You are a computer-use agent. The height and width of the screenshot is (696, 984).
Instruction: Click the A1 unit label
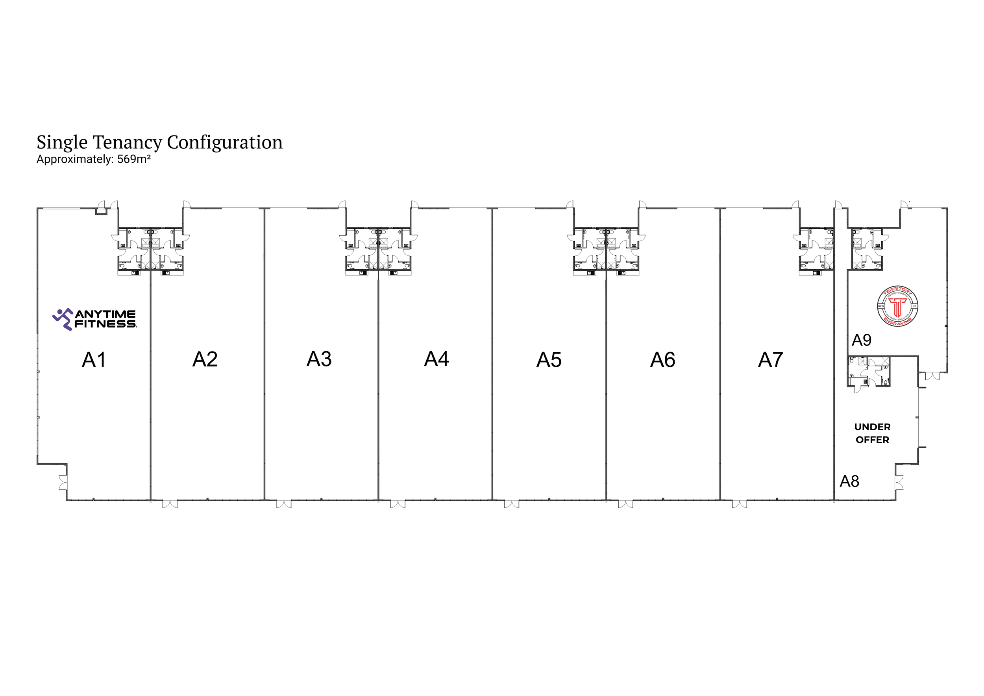(x=94, y=360)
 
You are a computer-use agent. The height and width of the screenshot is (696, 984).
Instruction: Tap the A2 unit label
(x=205, y=359)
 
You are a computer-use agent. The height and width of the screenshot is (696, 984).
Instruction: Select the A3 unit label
(x=319, y=359)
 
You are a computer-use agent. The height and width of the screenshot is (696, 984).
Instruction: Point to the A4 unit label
(x=436, y=359)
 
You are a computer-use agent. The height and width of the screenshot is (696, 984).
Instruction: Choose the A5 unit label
(x=549, y=360)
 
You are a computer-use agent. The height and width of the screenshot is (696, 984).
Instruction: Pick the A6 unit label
(x=662, y=360)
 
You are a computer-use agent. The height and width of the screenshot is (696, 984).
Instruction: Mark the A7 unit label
(x=770, y=360)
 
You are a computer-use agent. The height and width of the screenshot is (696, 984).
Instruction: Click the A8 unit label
(x=849, y=482)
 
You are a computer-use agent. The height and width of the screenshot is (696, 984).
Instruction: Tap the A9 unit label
(x=861, y=340)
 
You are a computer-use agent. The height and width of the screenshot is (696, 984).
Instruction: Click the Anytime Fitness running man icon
(x=63, y=319)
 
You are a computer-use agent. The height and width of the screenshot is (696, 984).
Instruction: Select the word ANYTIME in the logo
(x=105, y=314)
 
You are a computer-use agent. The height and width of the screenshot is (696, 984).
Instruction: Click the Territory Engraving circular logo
(x=897, y=306)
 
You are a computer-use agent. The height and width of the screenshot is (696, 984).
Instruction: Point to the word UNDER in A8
(x=872, y=427)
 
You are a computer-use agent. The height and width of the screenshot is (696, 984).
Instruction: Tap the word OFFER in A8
(x=872, y=440)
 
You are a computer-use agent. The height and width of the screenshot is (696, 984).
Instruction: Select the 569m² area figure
(x=134, y=159)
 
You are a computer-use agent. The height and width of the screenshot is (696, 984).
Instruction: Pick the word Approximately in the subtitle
(x=74, y=159)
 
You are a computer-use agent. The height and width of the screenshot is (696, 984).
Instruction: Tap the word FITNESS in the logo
(x=105, y=324)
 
